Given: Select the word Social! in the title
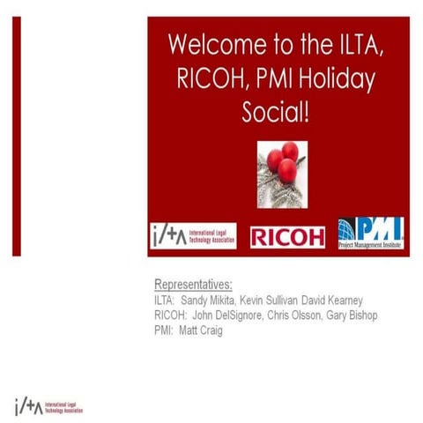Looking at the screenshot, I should click(x=278, y=114).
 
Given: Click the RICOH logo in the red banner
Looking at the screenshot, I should click(x=287, y=236).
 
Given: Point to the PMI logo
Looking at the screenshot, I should click(x=370, y=234).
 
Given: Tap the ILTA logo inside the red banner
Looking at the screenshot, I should click(x=192, y=236).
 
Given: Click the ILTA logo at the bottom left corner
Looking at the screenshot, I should click(x=48, y=404).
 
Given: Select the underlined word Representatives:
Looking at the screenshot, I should click(x=194, y=284).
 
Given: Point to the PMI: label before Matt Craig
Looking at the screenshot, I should click(x=164, y=330).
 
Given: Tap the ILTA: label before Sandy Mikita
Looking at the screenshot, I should click(x=165, y=300).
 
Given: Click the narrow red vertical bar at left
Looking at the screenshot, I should click(x=16, y=136).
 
